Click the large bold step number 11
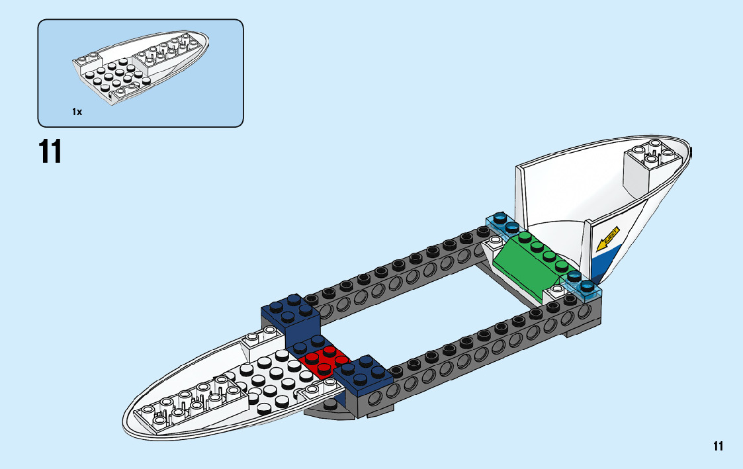tap(50, 151)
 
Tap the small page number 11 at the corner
tap(719, 447)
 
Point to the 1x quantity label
tap(77, 112)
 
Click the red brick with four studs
tap(323, 361)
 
